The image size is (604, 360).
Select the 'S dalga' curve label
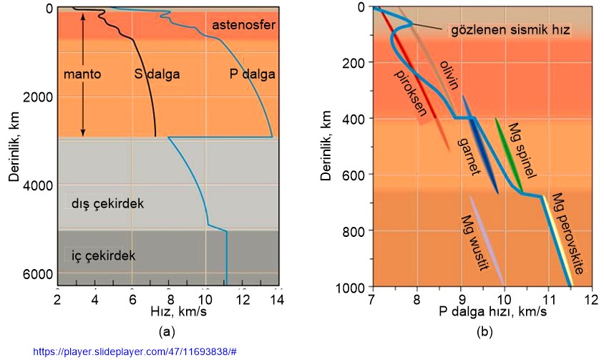tap(156, 73)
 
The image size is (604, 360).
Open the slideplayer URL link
tap(135, 352)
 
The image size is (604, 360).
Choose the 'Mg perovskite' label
tap(573, 233)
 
